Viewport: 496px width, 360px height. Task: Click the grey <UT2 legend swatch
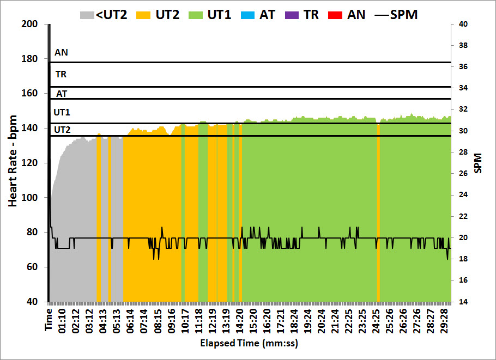pyautogui.click(x=86, y=14)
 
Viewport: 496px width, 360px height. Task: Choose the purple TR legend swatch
pyautogui.click(x=292, y=14)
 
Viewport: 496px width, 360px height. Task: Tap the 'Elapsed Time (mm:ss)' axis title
pyautogui.click(x=249, y=344)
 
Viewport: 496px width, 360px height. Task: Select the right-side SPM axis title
pyautogui.click(x=478, y=163)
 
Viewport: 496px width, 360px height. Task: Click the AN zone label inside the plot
pyautogui.click(x=62, y=53)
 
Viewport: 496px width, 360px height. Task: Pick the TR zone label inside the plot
pyautogui.click(x=62, y=74)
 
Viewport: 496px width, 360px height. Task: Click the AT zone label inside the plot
pyautogui.click(x=62, y=94)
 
